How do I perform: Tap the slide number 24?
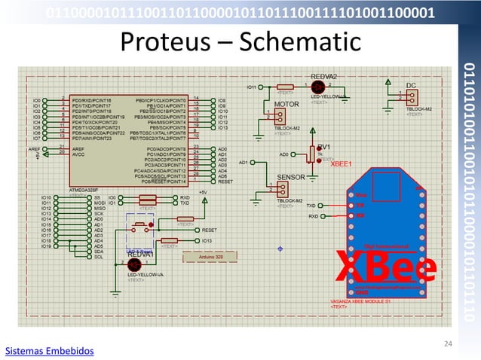coord(448,344)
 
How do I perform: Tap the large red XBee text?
coord(384,269)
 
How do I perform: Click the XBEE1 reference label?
coord(342,163)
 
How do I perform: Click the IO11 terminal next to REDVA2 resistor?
coord(253,87)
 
